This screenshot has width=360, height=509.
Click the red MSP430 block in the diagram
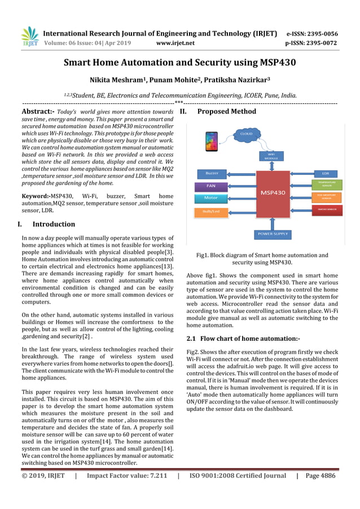click(x=272, y=192)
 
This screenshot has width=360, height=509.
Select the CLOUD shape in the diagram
click(x=246, y=134)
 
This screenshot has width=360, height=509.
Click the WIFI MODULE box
click(x=271, y=156)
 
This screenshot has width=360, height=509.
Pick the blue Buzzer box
click(x=212, y=173)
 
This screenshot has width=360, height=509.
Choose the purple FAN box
click(x=211, y=185)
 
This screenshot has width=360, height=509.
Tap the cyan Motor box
click(x=211, y=198)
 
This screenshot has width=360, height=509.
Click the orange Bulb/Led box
click(x=211, y=212)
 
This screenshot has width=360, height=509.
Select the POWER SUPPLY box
click(x=273, y=233)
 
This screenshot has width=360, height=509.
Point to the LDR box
click(x=326, y=173)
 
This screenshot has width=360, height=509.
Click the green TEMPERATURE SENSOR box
click(x=326, y=184)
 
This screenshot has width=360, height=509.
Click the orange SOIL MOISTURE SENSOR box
click(x=326, y=197)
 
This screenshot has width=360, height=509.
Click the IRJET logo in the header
click(x=29, y=37)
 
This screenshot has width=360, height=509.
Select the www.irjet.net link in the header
click(x=175, y=43)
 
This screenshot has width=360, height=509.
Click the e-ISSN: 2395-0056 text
click(x=312, y=33)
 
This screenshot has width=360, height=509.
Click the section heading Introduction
click(x=54, y=224)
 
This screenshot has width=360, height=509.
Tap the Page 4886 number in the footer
click(x=320, y=476)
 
